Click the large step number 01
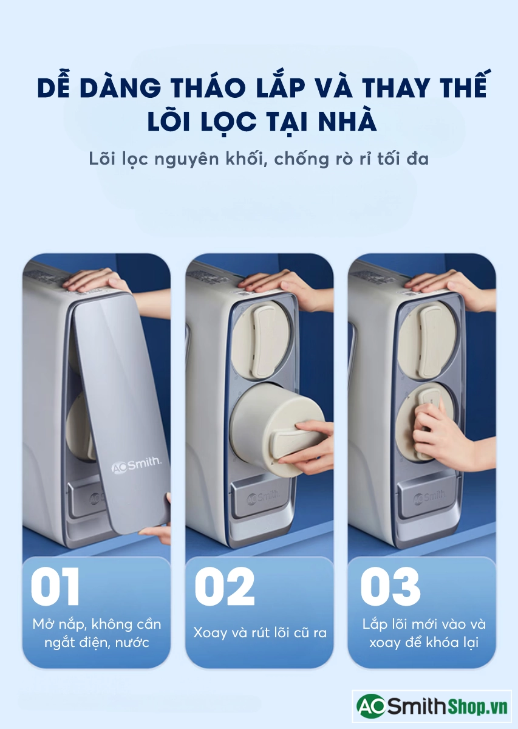coord(55,586)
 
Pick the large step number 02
coord(224,586)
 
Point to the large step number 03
coord(390,586)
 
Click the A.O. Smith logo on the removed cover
coord(136,464)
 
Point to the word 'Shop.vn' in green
coord(478,705)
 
